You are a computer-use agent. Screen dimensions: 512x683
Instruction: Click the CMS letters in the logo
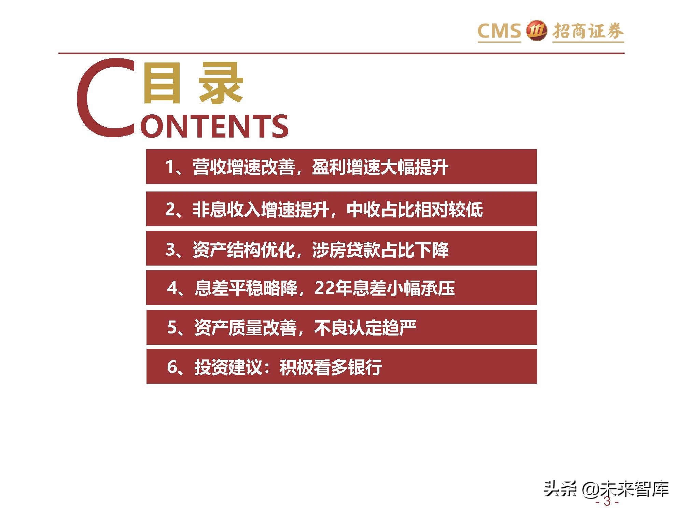click(x=499, y=31)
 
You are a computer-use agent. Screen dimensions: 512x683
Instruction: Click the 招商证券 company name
click(x=588, y=31)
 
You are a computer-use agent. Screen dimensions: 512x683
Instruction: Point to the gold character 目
click(x=162, y=83)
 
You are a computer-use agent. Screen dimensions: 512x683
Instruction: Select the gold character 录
click(x=221, y=83)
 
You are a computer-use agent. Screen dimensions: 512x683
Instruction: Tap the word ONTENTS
click(x=214, y=126)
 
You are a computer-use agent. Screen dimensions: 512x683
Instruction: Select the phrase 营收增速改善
click(x=244, y=167)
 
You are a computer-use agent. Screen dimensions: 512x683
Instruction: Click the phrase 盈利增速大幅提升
click(x=380, y=167)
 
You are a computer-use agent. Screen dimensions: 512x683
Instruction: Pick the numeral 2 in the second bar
click(x=170, y=209)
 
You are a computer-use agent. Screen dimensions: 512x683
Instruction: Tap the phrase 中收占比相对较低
click(x=415, y=209)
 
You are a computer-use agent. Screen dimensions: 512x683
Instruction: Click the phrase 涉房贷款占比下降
click(x=380, y=250)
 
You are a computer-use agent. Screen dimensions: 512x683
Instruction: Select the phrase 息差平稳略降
click(x=246, y=288)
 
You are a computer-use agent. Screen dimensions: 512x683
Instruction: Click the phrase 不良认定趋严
click(x=365, y=328)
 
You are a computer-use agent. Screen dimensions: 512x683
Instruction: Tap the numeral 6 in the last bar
click(x=172, y=367)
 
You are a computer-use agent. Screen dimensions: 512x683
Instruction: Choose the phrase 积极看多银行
click(x=331, y=367)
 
